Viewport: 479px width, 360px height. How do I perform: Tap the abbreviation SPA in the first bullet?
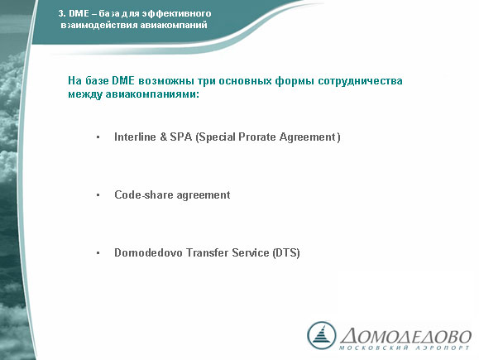pyautogui.click(x=181, y=137)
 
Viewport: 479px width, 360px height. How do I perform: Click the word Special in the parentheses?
pyautogui.click(x=216, y=137)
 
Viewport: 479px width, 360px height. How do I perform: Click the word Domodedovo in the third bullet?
pyautogui.click(x=148, y=252)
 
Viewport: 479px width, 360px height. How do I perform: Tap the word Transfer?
pyautogui.click(x=208, y=252)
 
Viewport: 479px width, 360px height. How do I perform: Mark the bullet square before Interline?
pyautogui.click(x=98, y=137)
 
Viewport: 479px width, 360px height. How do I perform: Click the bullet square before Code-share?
pyautogui.click(x=98, y=195)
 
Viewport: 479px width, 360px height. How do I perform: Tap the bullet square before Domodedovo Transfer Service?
pyautogui.click(x=98, y=253)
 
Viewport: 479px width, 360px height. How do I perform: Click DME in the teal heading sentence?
pyautogui.click(x=123, y=80)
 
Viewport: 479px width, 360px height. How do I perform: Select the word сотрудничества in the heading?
pyautogui.click(x=360, y=81)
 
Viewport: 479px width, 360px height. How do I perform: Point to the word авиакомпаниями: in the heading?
pyautogui.click(x=152, y=94)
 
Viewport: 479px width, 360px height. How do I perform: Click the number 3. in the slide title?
pyautogui.click(x=62, y=13)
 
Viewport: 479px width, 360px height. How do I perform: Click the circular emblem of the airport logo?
pyautogui.click(x=321, y=335)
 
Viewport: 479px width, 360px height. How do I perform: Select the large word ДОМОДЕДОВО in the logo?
pyautogui.click(x=406, y=336)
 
